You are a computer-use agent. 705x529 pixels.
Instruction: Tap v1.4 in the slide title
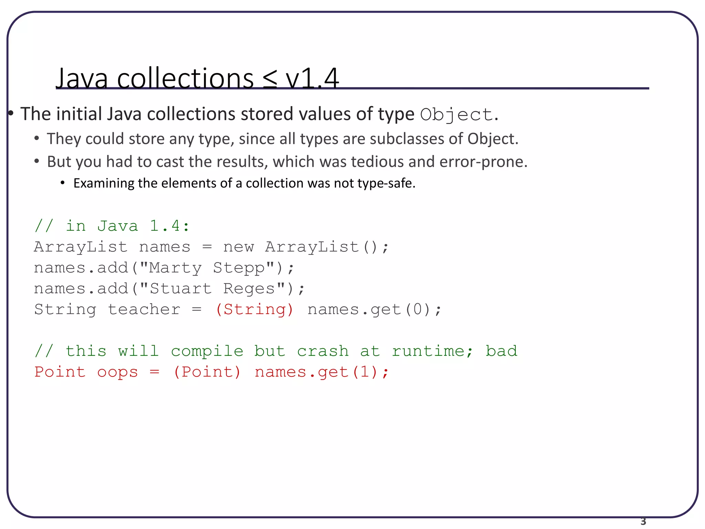point(312,79)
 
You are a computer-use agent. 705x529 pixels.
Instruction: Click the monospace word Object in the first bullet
point(457,115)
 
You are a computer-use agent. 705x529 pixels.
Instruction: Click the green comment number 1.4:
point(169,226)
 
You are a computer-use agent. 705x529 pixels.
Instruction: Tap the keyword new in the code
point(238,247)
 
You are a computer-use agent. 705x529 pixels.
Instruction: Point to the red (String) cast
point(254,309)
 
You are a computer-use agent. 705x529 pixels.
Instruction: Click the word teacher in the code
point(144,309)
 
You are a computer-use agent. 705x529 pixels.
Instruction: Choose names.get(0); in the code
point(374,309)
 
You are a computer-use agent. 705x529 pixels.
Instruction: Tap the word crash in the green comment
point(323,351)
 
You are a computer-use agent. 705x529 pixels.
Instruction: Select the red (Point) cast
point(207,372)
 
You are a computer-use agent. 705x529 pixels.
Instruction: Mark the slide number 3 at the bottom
point(643,522)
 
